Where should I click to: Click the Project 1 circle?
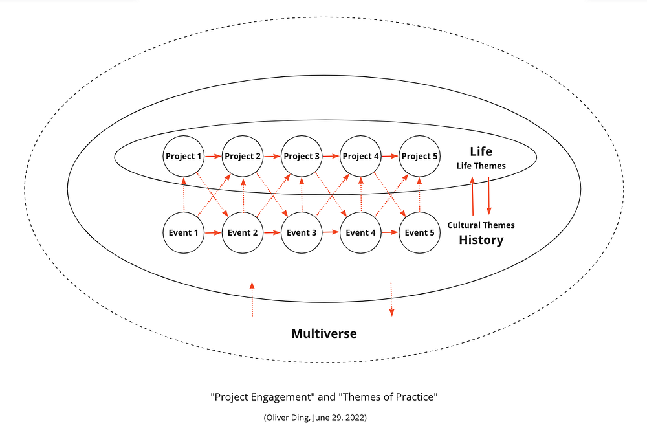[184, 156]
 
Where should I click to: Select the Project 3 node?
[302, 156]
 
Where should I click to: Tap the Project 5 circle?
[420, 156]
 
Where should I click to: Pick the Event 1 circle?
[184, 232]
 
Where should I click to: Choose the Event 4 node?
[361, 232]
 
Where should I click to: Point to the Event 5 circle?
[420, 232]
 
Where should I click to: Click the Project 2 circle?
[243, 156]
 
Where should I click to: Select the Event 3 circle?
[302, 232]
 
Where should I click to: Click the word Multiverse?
[324, 334]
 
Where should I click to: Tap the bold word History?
[481, 240]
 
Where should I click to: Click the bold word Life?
[481, 151]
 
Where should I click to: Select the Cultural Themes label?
[481, 225]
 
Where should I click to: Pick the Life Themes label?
[481, 166]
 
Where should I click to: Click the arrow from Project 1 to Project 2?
[214, 156]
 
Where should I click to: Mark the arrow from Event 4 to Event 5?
[390, 232]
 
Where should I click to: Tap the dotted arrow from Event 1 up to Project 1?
[184, 194]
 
